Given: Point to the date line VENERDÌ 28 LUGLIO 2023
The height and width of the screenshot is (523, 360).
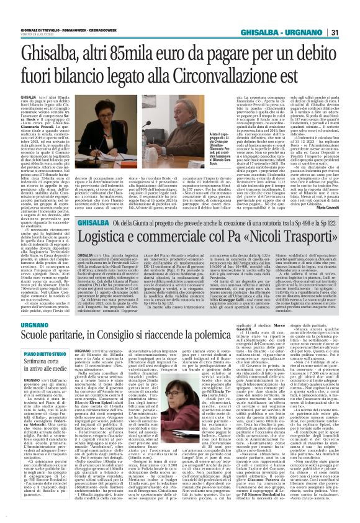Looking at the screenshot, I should (x=25, y=19).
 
